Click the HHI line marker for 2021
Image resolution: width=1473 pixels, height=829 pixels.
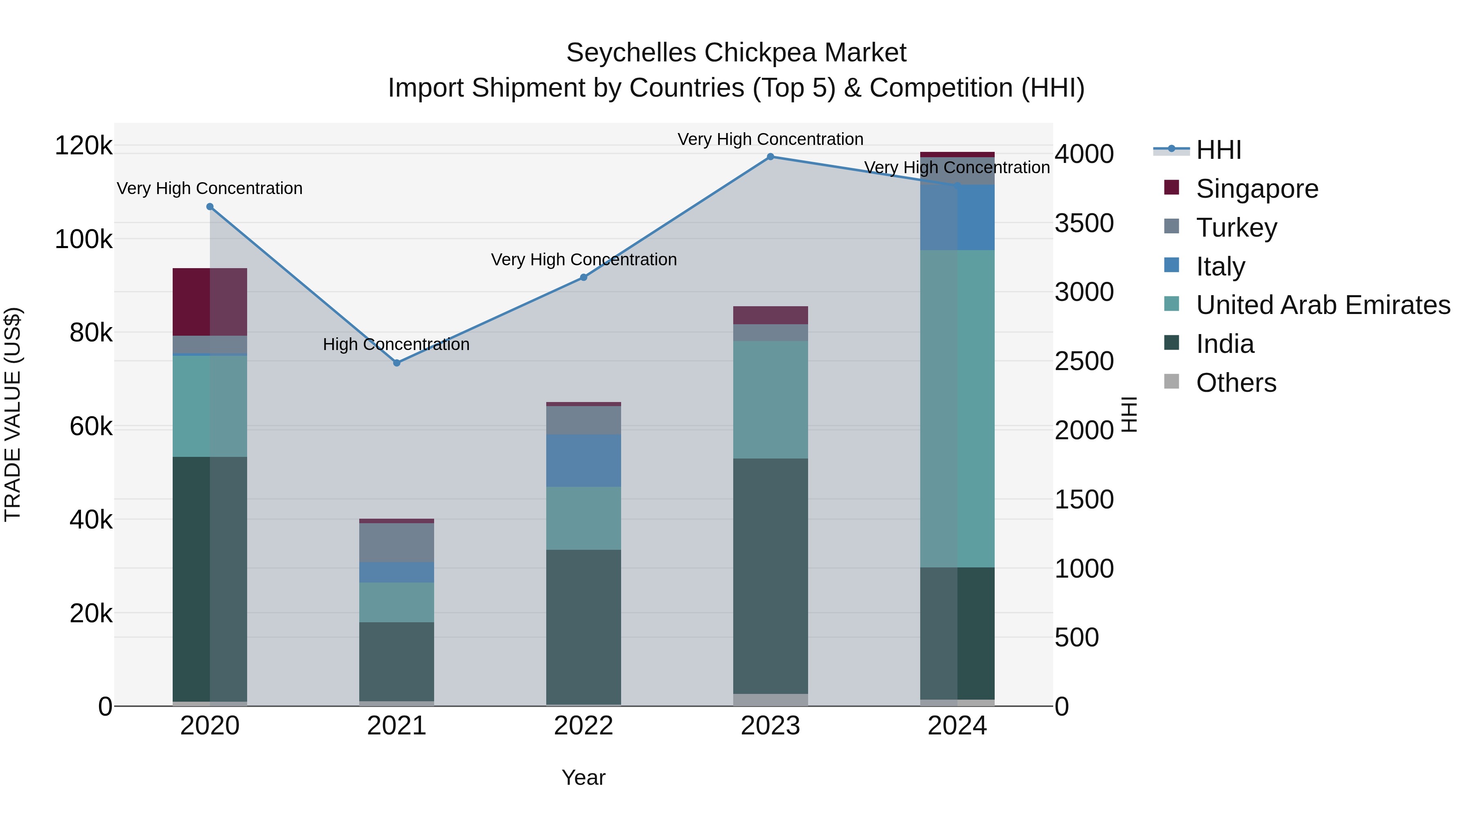397,363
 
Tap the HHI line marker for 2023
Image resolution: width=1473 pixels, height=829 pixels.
770,157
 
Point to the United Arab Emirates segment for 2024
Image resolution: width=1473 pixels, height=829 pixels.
957,409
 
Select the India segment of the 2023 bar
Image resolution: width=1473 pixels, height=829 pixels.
770,576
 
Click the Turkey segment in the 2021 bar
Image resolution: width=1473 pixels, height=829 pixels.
397,542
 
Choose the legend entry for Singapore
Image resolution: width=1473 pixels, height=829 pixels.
1257,189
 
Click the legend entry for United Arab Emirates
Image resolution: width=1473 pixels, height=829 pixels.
1322,305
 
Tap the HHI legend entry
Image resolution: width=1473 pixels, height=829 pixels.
1218,150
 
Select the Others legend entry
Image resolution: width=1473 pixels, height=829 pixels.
1236,383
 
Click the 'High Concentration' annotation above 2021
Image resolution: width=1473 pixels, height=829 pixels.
396,344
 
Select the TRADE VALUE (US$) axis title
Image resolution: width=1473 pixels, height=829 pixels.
13,414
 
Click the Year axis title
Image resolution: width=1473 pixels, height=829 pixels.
583,777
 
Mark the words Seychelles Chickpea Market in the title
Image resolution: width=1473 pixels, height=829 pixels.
736,53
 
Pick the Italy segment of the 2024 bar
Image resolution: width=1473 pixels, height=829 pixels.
957,217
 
